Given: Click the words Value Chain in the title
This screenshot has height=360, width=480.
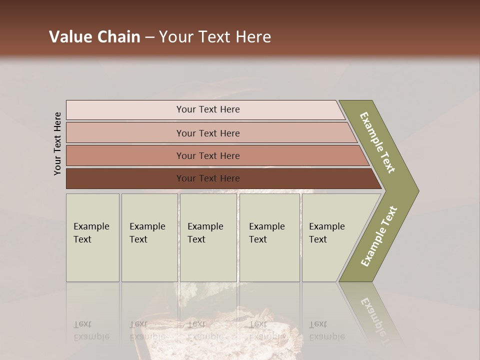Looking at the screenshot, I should pyautogui.click(x=94, y=37).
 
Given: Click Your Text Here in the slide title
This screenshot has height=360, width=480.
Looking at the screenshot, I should pyautogui.click(x=215, y=37).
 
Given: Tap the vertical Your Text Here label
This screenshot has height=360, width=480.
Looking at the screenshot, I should pyautogui.click(x=57, y=143).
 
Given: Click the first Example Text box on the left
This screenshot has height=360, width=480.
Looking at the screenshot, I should pyautogui.click(x=92, y=237).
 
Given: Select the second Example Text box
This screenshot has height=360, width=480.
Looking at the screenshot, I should pyautogui.click(x=149, y=237).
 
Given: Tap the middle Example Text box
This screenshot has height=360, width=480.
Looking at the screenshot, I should pyautogui.click(x=208, y=237).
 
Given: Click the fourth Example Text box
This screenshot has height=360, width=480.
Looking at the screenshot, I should pyautogui.click(x=269, y=237).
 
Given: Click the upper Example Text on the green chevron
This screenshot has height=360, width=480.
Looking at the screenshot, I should pyautogui.click(x=377, y=142).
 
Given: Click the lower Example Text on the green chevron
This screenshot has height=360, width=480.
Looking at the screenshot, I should pyautogui.click(x=378, y=236).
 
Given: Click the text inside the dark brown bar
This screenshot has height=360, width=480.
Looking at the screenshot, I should pyautogui.click(x=208, y=178).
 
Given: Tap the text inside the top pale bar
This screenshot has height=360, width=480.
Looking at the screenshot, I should pyautogui.click(x=208, y=109).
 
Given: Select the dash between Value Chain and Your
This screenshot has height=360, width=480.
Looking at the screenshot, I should pyautogui.click(x=149, y=37).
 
